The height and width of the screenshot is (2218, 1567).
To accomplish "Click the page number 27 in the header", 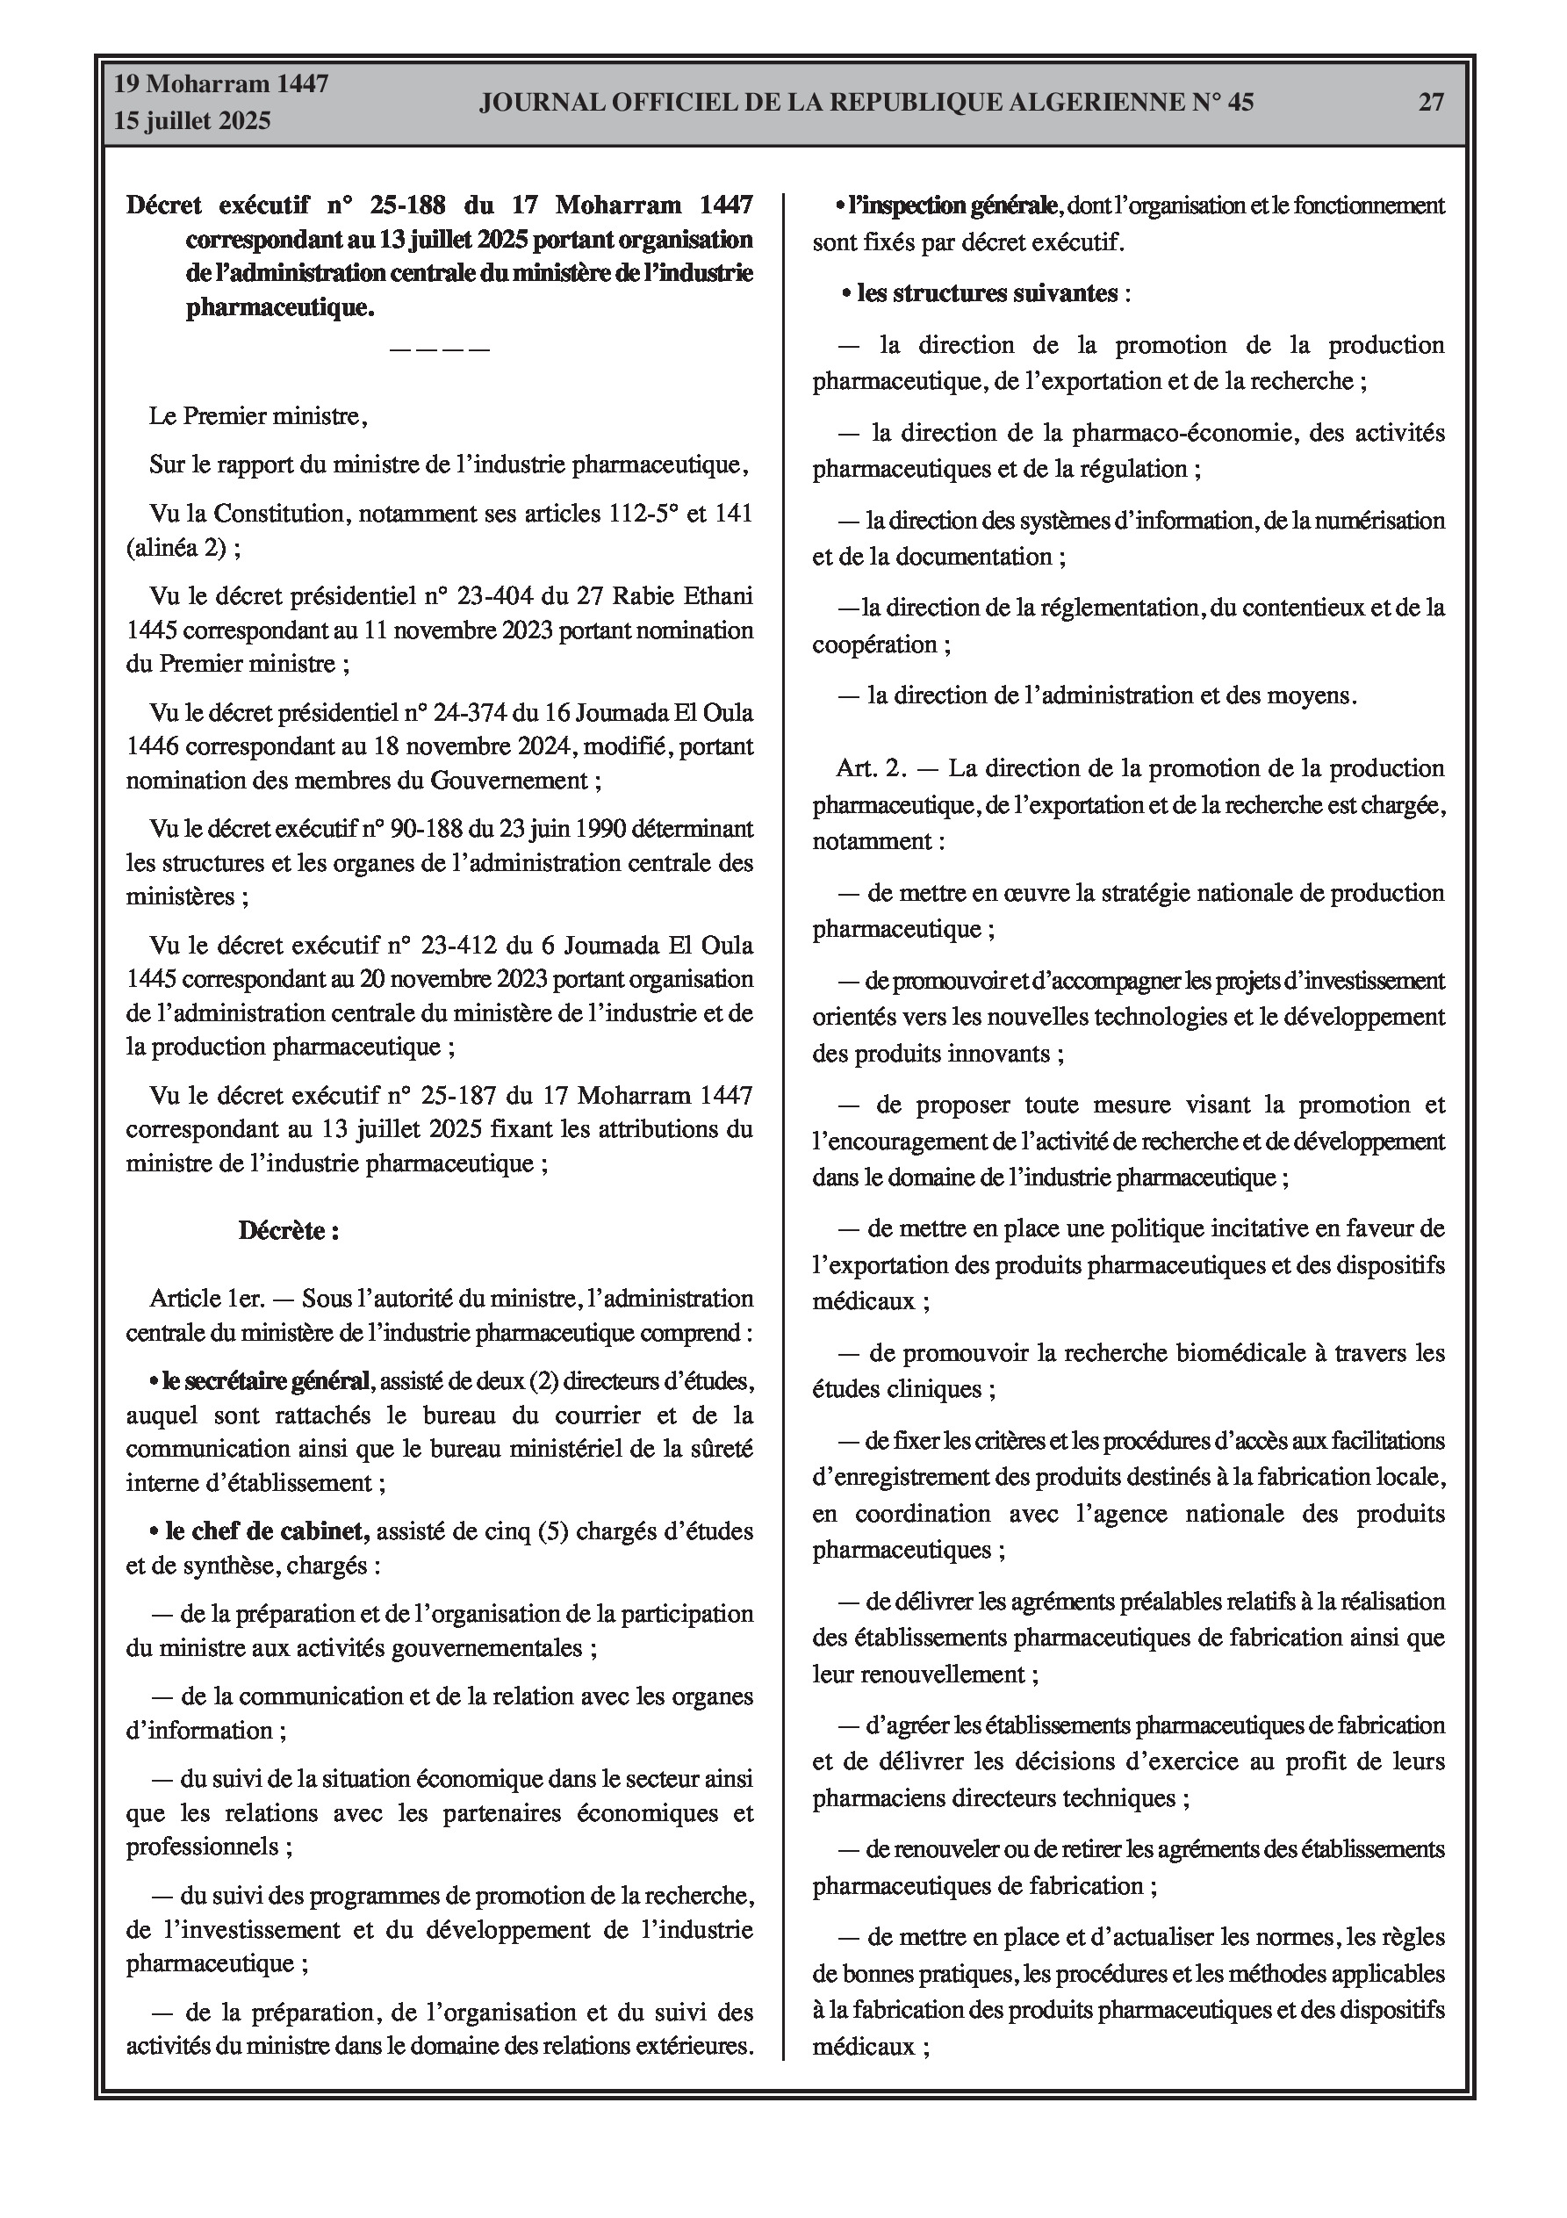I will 1431,103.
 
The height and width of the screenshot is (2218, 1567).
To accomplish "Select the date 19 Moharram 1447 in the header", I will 221,84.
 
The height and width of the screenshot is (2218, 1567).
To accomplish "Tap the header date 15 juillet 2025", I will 192,121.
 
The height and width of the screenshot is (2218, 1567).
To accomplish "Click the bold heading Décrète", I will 288,1232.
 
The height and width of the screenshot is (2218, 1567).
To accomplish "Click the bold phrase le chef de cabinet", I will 267,1531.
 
